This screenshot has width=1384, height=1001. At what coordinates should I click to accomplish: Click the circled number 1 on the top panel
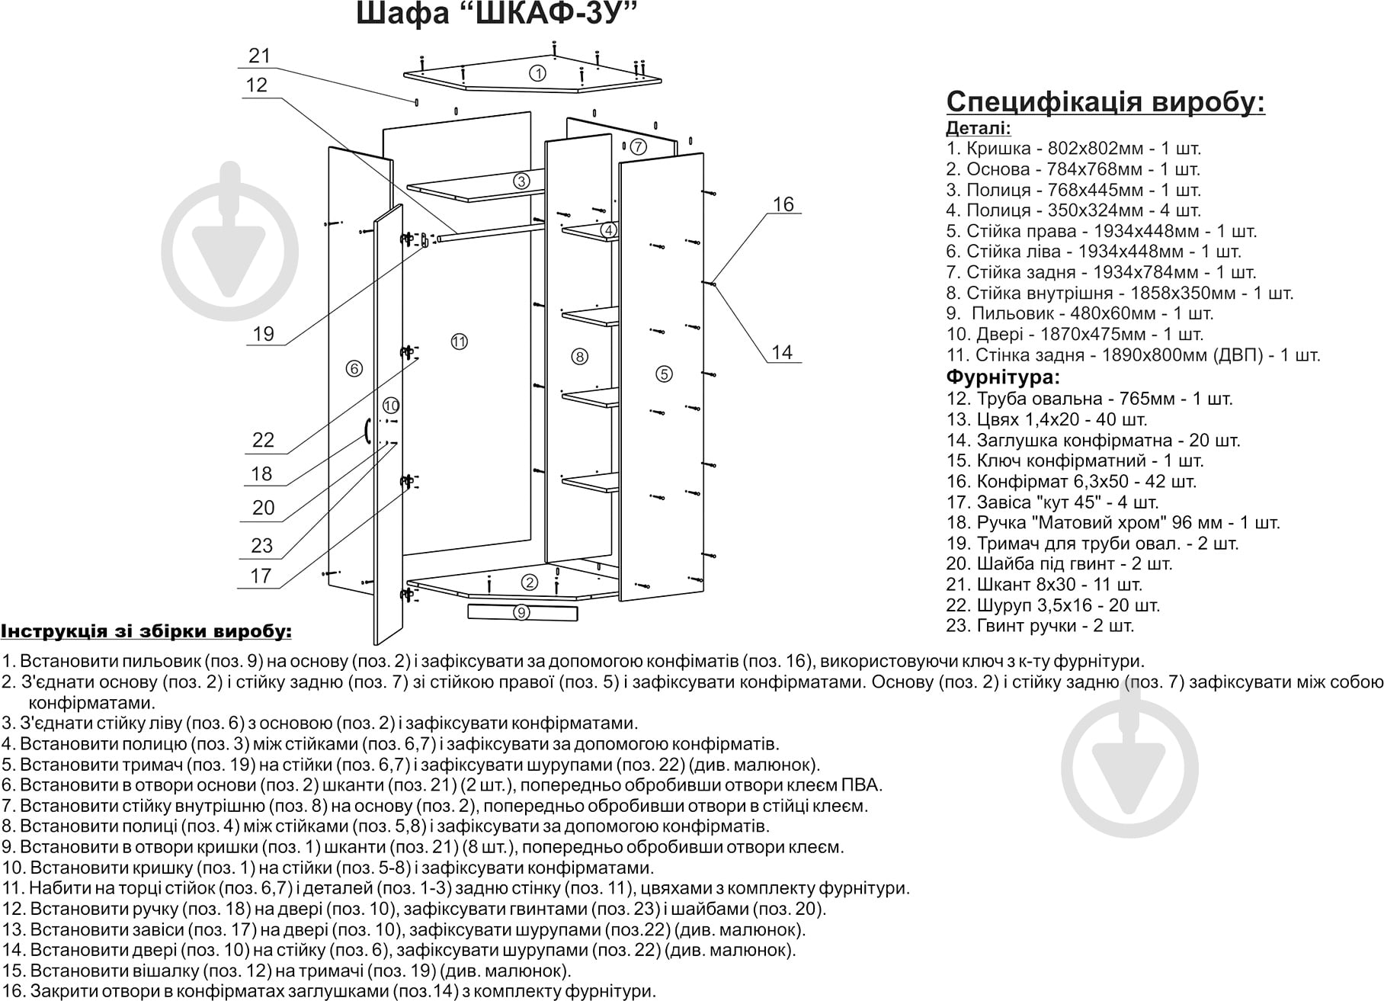(538, 73)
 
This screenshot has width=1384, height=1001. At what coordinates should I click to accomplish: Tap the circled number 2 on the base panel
(530, 582)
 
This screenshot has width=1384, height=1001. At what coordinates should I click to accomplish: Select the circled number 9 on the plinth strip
(521, 612)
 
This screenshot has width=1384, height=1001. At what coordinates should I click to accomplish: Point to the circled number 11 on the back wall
(459, 342)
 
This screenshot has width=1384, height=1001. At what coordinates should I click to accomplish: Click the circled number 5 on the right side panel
(665, 374)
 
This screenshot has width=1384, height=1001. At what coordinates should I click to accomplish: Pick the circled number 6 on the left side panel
(354, 369)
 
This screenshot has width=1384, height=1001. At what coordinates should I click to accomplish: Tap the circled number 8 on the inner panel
(580, 356)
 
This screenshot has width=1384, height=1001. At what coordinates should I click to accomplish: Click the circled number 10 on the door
(391, 406)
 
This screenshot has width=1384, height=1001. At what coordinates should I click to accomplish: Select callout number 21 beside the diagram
(260, 56)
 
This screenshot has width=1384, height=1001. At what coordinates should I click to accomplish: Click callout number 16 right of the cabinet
(783, 204)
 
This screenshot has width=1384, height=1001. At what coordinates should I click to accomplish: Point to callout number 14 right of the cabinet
(782, 352)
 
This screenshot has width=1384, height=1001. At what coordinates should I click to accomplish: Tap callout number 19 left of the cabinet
(264, 334)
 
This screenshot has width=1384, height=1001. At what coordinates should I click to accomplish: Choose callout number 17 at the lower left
(261, 576)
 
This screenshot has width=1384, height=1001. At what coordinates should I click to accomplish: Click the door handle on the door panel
(367, 432)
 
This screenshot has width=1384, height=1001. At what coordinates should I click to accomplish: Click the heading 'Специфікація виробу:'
(1106, 101)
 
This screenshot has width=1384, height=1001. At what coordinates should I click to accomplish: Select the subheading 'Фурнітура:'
(1003, 377)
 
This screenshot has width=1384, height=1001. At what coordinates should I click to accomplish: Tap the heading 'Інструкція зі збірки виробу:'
(146, 631)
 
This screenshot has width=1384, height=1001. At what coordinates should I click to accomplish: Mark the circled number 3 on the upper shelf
(521, 181)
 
